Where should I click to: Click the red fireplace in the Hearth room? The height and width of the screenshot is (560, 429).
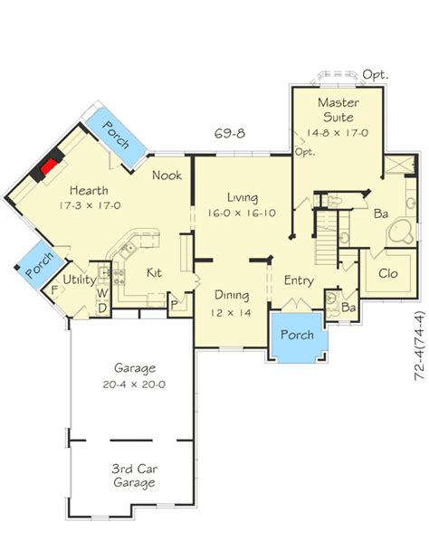click(49, 166)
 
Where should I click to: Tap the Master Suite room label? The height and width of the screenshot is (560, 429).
click(338, 109)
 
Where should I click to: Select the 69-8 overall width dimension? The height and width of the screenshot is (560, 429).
click(230, 133)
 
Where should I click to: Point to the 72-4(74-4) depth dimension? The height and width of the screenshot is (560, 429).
click(420, 346)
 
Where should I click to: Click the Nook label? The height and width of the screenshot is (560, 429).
click(167, 175)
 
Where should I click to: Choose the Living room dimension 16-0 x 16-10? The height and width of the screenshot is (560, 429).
click(242, 213)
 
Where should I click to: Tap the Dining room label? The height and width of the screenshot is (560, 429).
click(232, 296)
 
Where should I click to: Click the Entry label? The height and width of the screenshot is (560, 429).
click(299, 281)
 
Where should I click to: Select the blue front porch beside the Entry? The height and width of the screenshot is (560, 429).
click(298, 337)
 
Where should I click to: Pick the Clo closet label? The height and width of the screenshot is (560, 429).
click(388, 273)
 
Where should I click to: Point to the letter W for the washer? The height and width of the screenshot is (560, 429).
click(102, 293)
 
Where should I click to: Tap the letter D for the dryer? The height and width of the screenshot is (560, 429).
click(102, 308)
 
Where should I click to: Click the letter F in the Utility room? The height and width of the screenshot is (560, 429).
click(54, 289)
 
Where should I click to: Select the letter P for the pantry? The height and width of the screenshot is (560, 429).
click(175, 306)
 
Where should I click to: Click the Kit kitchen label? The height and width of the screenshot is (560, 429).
click(154, 273)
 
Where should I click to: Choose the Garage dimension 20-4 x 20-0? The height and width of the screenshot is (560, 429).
click(134, 384)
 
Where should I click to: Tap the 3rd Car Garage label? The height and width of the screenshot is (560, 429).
click(134, 476)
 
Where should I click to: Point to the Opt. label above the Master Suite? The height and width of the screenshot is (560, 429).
click(376, 75)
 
